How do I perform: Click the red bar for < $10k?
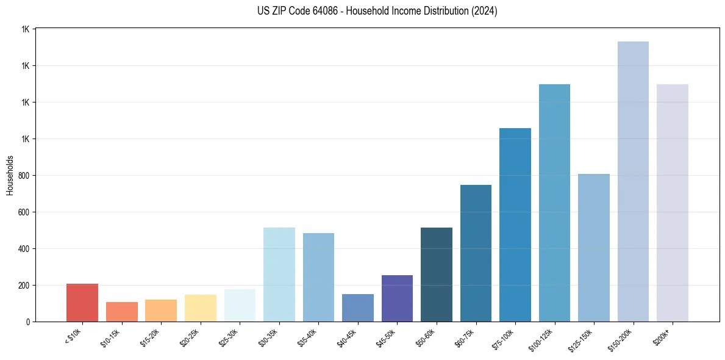point(82,303)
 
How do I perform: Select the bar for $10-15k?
point(122,312)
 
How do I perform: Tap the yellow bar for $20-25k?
point(201,308)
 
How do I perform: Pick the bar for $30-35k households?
point(279,275)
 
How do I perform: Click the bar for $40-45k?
point(358,308)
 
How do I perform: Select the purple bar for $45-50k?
point(397,298)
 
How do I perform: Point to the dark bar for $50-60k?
point(437,275)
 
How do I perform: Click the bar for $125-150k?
point(594,248)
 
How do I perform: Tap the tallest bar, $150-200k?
point(633,181)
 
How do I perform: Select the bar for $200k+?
point(673,203)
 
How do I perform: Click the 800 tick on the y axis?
point(24,176)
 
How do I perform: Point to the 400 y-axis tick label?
point(24,249)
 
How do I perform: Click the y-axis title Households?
point(10,175)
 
